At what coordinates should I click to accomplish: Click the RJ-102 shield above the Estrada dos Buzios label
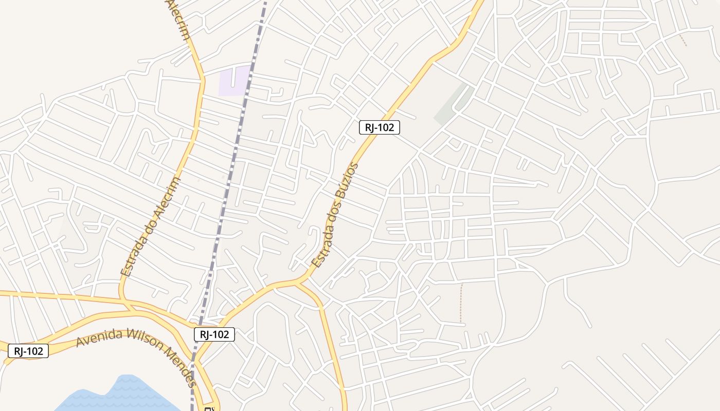pyautogui.click(x=379, y=127)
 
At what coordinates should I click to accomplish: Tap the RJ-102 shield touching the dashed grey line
pyautogui.click(x=214, y=334)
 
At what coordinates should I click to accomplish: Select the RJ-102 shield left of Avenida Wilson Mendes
pyautogui.click(x=28, y=351)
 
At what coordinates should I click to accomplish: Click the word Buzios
pyautogui.click(x=347, y=182)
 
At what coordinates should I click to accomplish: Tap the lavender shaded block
pyautogui.click(x=234, y=81)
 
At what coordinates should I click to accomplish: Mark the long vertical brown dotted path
pyautogui.click(x=461, y=303)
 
